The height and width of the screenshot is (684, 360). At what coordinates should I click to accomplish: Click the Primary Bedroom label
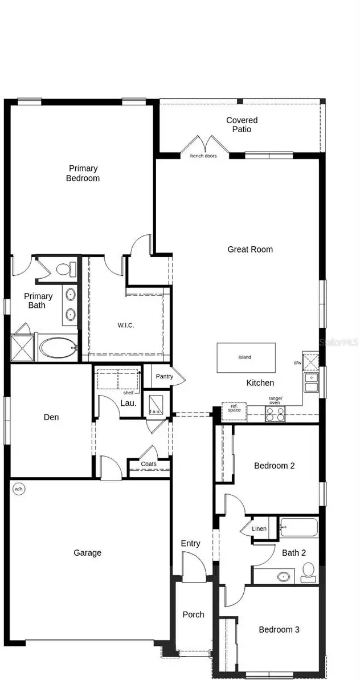pos(84,173)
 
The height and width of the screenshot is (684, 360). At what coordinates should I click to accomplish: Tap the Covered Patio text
pos(242,124)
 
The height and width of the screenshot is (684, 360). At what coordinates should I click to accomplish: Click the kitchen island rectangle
pos(246,357)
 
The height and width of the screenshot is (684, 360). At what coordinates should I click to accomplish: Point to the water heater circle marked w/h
pos(18,488)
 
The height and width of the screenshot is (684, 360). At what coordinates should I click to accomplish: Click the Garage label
pos(88,552)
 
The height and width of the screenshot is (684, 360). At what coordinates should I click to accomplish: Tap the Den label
pos(51,417)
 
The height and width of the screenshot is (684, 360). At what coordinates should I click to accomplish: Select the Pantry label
pos(164,377)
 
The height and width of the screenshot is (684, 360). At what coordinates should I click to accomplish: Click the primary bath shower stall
pos(23,348)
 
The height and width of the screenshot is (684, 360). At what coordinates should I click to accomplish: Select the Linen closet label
pos(259,529)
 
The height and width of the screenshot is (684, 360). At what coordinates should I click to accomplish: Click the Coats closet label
pos(149,464)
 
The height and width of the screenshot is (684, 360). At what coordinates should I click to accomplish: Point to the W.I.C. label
pos(126,325)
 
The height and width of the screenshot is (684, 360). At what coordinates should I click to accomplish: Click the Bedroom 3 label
pos(279,629)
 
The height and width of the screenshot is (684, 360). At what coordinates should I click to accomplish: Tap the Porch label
pos(193,614)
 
